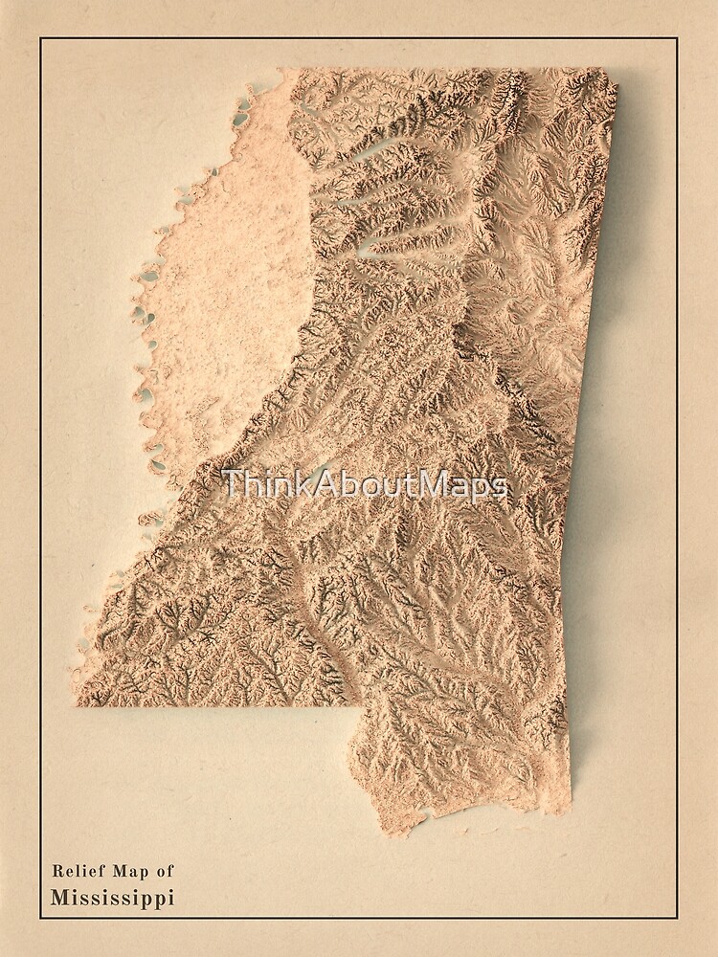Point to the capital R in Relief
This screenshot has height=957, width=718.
point(57,871)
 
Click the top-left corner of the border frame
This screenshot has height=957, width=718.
point(40,38)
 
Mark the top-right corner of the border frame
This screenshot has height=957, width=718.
point(677,38)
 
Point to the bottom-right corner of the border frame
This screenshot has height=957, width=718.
point(677,918)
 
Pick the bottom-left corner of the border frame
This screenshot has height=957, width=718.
point(40,918)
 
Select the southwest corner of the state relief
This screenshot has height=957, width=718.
point(77,704)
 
